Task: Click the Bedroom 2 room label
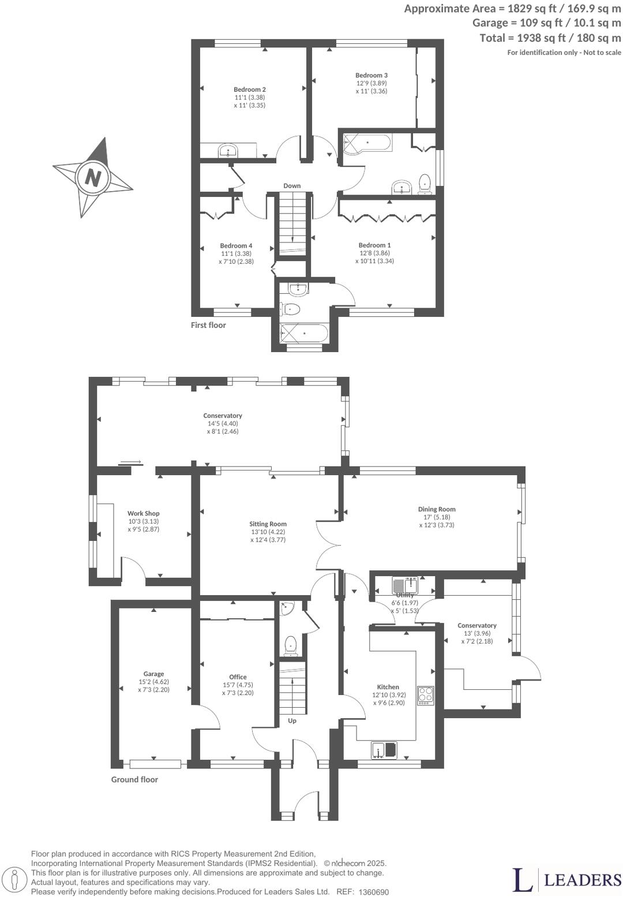(x=249, y=89)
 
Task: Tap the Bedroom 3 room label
(x=371, y=75)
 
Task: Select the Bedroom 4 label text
(x=236, y=245)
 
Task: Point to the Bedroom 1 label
(x=374, y=245)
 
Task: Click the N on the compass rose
(x=92, y=177)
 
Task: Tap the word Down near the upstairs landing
(x=292, y=186)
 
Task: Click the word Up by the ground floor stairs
(x=292, y=720)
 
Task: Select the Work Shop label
(x=143, y=513)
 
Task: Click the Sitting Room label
(x=268, y=524)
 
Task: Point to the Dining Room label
(x=437, y=509)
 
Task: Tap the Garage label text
(x=153, y=674)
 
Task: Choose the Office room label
(x=238, y=677)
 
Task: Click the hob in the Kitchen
(x=426, y=694)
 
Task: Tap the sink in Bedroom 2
(x=228, y=152)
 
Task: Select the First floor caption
(x=208, y=325)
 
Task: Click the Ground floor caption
(x=134, y=779)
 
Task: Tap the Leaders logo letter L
(x=523, y=880)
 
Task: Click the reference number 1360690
(x=374, y=892)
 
